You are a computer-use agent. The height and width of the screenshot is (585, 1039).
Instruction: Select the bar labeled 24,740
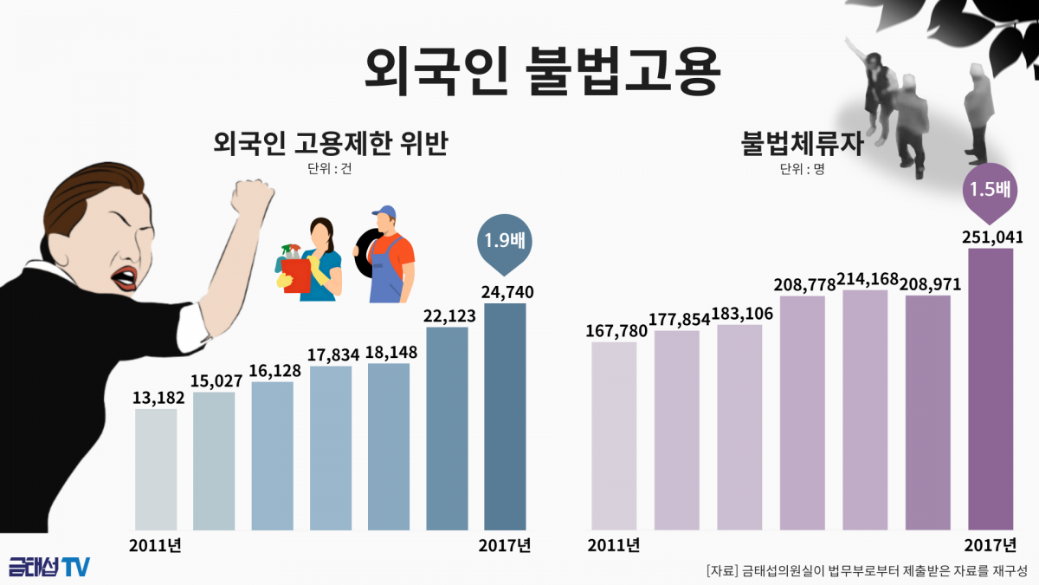[505, 416]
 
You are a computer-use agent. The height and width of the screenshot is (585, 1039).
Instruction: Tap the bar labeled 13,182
[156, 469]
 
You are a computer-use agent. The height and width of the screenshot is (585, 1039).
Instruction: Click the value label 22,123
[447, 316]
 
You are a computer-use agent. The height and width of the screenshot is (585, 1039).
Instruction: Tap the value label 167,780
[614, 331]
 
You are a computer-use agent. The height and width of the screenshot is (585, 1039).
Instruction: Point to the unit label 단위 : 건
[329, 169]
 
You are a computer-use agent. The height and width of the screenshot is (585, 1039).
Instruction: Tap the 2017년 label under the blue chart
[505, 545]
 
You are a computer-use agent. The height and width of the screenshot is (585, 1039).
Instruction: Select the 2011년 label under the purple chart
[613, 545]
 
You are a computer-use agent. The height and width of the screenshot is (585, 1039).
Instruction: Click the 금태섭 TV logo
[48, 567]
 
